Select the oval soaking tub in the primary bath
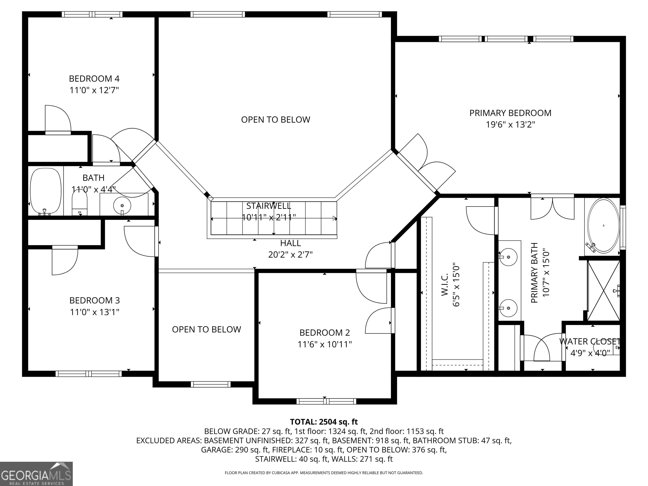point(603,225)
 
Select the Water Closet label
point(590,342)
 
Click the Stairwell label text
point(269,206)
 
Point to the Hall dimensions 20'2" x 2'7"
point(291,255)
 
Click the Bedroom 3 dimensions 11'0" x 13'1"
point(95,312)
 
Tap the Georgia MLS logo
point(36,474)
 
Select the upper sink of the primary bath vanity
point(508,257)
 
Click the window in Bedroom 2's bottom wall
point(326,401)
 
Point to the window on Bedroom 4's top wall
point(92,14)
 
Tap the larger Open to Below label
point(275,120)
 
